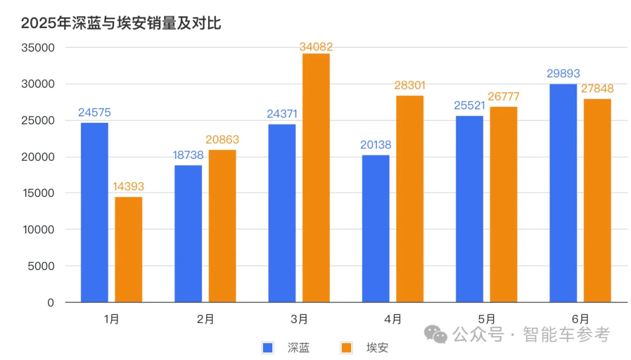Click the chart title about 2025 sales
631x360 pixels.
pyautogui.click(x=121, y=23)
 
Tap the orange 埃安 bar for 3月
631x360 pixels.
pyautogui.click(x=316, y=178)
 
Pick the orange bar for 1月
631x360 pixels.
pyautogui.click(x=128, y=250)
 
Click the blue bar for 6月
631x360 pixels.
pyautogui.click(x=563, y=193)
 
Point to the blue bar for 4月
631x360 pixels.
pyautogui.click(x=376, y=229)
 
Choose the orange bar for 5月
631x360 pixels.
pyautogui.click(x=503, y=205)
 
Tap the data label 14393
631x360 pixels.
pyautogui.click(x=128, y=187)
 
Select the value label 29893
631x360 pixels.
pyautogui.click(x=563, y=74)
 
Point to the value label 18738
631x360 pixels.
pyautogui.click(x=188, y=155)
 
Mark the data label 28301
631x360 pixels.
pyautogui.click(x=410, y=85)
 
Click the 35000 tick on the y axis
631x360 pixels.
pyautogui.click(x=37, y=48)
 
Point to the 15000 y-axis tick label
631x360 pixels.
pyautogui.click(x=37, y=193)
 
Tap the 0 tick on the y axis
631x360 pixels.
pyautogui.click(x=51, y=303)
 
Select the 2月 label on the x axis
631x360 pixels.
pyautogui.click(x=206, y=319)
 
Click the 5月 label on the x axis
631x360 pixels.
pyautogui.click(x=487, y=319)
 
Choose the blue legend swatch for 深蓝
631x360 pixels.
pyautogui.click(x=268, y=348)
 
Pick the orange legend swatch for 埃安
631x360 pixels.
pyautogui.click(x=346, y=348)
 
